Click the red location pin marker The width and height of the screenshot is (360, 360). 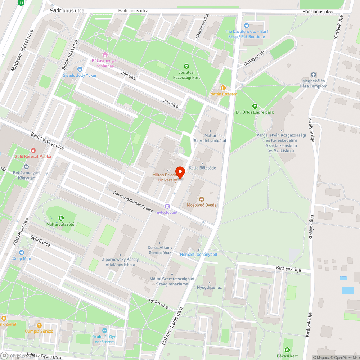[x=180, y=172]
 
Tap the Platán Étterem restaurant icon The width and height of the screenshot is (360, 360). [x=223, y=87]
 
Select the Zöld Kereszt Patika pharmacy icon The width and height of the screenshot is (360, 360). [x=33, y=150]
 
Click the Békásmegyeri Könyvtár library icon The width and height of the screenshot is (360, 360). [x=26, y=167]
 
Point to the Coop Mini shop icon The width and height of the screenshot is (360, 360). [x=22, y=252]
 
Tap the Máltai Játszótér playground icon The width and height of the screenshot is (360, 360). [x=61, y=218]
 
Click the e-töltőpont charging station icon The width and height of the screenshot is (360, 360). [x=167, y=206]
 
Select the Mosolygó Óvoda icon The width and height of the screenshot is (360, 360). [x=202, y=199]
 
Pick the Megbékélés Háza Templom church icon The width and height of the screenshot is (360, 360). [x=313, y=75]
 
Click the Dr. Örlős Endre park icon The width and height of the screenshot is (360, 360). [x=255, y=106]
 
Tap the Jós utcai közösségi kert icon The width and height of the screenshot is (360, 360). [x=186, y=66]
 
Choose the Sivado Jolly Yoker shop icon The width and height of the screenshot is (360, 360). [x=80, y=69]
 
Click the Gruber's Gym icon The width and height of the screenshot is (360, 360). [x=105, y=330]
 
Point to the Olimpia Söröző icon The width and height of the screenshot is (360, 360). [x=39, y=325]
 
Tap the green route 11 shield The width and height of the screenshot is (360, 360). [x=22, y=3]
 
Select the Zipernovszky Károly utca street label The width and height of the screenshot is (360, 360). [x=132, y=201]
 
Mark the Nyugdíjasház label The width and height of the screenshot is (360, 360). [x=209, y=287]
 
